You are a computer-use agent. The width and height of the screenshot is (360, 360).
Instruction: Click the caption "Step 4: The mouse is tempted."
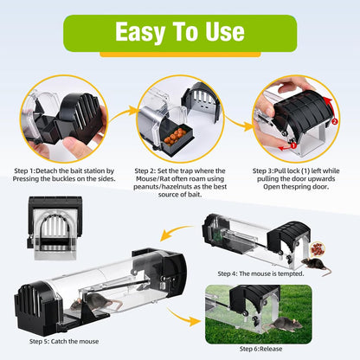coord(259,273)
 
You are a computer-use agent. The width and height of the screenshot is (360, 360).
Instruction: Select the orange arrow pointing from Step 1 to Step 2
coord(121,114)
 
